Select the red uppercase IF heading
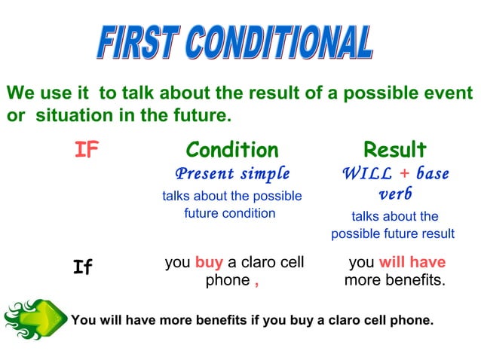[x=87, y=151]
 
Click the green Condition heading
[x=232, y=149]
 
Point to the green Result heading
[x=394, y=149]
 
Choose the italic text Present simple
[x=232, y=174]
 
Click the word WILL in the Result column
[x=367, y=174]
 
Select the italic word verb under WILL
[x=394, y=194]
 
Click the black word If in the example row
[x=83, y=267]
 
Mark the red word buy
[x=209, y=263]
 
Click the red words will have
[x=412, y=263]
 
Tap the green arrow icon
[x=33, y=319]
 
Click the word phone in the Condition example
[x=227, y=281]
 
